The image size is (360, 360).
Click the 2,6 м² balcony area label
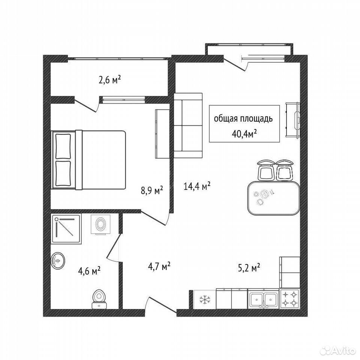(109, 80)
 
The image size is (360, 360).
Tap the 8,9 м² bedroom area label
(152, 190)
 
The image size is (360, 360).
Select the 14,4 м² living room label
(197, 186)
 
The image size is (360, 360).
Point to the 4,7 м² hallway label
(159, 266)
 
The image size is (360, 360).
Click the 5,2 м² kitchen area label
(249, 267)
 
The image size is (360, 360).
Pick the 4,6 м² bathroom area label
(89, 271)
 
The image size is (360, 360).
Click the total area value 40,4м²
(244, 134)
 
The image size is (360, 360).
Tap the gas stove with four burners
(290, 298)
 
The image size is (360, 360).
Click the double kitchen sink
(264, 299)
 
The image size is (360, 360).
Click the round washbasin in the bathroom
(58, 261)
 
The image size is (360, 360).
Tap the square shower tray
(67, 229)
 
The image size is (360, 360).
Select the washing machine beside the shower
(100, 225)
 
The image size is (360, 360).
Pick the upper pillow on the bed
(63, 147)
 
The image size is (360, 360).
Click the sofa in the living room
(188, 125)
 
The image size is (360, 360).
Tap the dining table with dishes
(274, 198)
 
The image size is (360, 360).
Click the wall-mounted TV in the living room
(293, 120)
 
